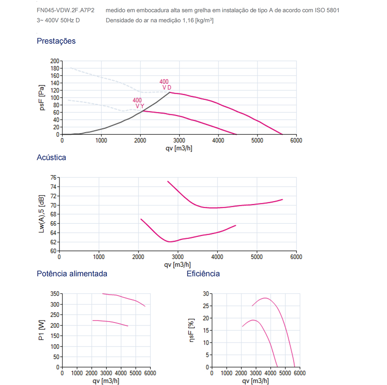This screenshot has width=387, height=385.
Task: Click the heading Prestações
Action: (56, 41)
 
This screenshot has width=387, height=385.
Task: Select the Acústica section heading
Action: (51, 158)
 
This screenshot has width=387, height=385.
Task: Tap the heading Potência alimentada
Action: (72, 274)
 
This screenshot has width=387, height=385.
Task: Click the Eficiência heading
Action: (203, 274)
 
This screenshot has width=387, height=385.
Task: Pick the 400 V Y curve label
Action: (139, 103)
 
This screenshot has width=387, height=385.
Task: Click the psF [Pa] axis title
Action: (42, 98)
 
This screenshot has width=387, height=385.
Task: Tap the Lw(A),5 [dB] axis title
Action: (42, 214)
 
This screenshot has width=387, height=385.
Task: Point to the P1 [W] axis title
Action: (42, 330)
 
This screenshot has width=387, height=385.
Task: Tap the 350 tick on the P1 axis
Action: (55, 294)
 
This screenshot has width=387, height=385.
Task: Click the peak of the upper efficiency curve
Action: (265, 298)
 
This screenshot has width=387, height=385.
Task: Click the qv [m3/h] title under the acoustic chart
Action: (178, 265)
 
